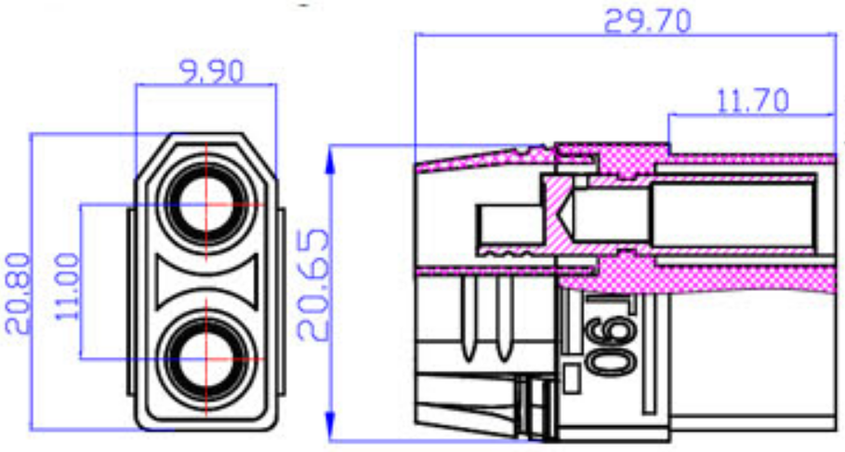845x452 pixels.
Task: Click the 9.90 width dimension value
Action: click(x=211, y=72)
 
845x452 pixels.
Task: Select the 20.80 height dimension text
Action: click(x=18, y=293)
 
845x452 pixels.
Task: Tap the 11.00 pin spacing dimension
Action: click(x=68, y=286)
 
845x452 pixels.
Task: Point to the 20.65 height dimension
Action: click(x=313, y=285)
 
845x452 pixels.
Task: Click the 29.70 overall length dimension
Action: click(x=647, y=21)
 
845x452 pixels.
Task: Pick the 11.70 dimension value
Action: click(x=753, y=100)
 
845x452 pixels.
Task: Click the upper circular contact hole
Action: click(x=205, y=205)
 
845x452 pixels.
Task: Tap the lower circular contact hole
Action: click(x=205, y=359)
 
